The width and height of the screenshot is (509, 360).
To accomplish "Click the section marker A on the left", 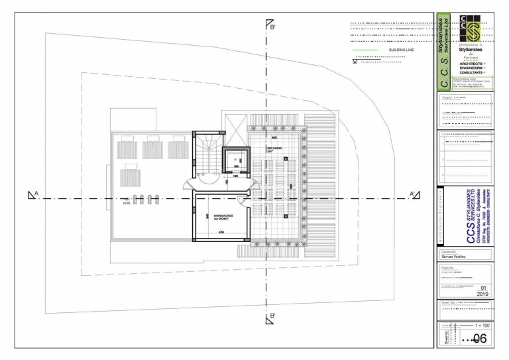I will [33, 195].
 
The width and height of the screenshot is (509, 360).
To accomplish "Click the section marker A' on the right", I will [414, 195].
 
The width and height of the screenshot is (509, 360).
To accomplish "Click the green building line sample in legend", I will [365, 49].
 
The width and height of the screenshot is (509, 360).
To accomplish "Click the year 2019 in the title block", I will [482, 292].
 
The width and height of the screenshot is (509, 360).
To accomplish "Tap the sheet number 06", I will [479, 339].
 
